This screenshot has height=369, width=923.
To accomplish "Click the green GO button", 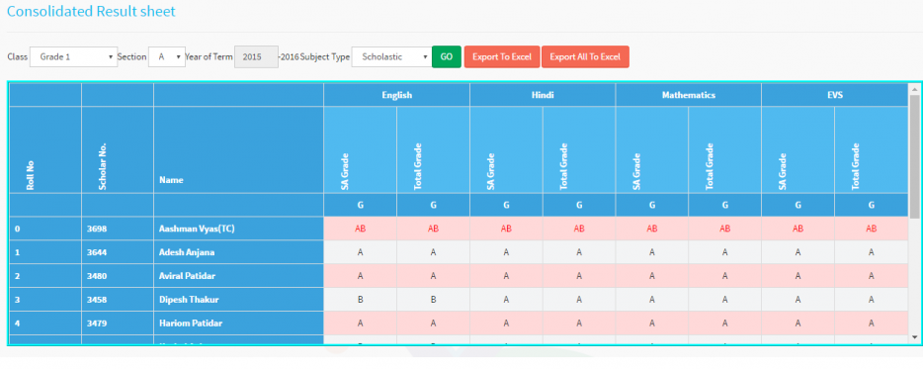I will click(446, 56).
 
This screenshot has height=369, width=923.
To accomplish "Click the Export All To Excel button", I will click(584, 56).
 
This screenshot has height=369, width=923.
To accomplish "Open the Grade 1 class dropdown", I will click(73, 56).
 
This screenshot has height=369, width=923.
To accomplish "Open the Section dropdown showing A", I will click(166, 56).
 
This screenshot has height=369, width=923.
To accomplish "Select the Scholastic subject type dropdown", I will click(391, 56).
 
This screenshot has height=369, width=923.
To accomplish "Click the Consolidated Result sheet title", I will click(91, 12).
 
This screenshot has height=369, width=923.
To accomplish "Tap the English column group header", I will click(396, 95).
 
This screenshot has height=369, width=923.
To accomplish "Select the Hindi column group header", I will click(542, 95).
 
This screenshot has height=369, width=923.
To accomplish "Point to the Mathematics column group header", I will click(688, 95).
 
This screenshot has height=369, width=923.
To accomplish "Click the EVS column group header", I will click(833, 95).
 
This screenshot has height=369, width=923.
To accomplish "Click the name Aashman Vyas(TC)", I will click(198, 229).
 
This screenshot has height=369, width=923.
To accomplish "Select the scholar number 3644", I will click(97, 252).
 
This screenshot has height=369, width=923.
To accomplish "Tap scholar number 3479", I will click(97, 323).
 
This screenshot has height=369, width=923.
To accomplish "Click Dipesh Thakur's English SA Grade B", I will click(360, 300).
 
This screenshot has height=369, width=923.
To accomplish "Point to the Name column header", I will click(171, 180).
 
